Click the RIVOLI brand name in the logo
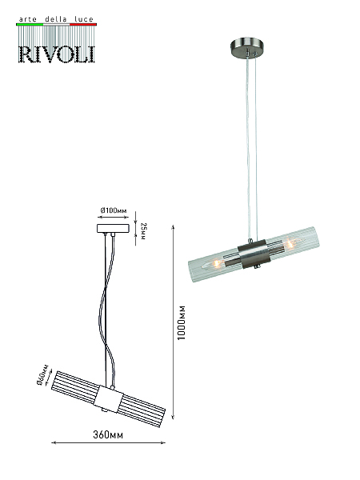click(x=57, y=54)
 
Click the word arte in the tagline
click(x=28, y=19)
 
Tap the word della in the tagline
click(x=56, y=19)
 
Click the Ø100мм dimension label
click(x=114, y=210)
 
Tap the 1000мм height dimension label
click(x=182, y=322)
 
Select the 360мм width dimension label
click(x=108, y=434)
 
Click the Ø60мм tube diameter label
click(x=42, y=374)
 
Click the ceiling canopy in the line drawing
click(x=113, y=228)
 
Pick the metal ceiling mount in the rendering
click(x=247, y=47)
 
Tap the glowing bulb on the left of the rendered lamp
click(x=214, y=263)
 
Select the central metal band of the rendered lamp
click(x=254, y=254)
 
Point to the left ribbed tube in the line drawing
click(x=76, y=383)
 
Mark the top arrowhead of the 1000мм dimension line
click(x=174, y=227)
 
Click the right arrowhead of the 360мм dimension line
click(x=163, y=442)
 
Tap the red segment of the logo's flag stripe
click(x=83, y=24)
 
